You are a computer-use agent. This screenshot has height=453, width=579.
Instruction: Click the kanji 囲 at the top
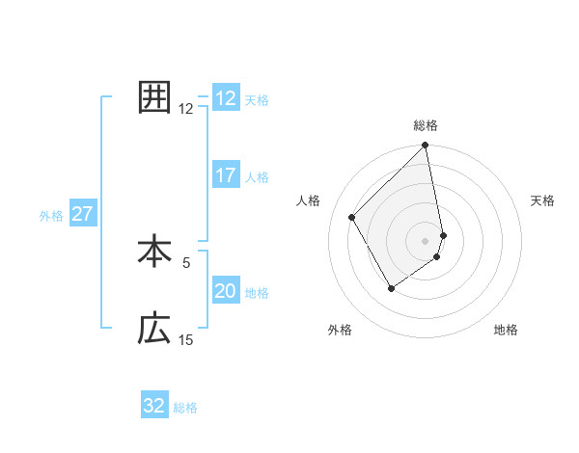154,97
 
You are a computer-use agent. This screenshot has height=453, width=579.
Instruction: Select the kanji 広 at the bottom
154,330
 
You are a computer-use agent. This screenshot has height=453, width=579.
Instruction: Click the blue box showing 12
226,98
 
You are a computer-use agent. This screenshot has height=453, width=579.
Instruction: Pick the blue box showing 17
226,176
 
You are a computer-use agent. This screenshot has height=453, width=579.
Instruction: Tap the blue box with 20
226,292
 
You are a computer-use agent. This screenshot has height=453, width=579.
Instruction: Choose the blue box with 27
82,214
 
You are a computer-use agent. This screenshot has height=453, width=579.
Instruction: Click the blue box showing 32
154,406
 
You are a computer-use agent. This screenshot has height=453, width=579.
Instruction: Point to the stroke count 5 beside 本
186,261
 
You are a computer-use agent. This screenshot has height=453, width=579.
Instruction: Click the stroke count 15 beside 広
186,339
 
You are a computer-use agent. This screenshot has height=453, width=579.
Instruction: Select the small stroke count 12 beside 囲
186,108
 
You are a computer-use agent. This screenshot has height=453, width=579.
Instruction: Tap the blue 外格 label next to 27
51,216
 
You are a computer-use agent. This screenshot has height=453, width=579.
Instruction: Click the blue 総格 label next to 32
186,408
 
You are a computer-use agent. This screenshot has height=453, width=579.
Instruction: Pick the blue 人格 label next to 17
257,177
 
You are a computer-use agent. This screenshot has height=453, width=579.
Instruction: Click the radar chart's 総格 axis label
426,125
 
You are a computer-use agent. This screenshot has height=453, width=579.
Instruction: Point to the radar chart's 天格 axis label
543,200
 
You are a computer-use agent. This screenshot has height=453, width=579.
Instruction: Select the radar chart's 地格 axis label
506,331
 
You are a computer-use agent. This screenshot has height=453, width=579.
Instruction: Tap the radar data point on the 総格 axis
426,146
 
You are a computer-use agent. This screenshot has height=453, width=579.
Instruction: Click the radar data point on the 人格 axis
352,217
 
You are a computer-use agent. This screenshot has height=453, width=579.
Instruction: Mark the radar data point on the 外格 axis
391,287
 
